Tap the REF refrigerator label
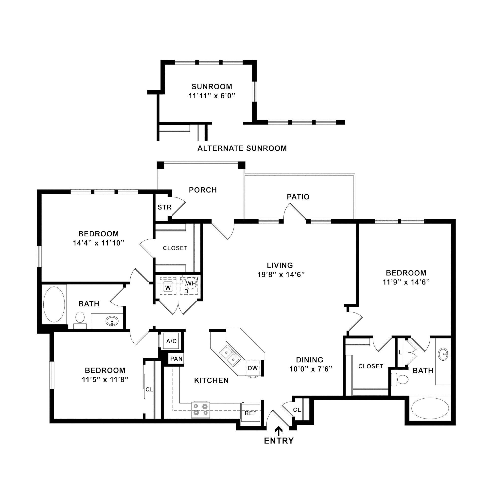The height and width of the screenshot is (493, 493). point(250,413)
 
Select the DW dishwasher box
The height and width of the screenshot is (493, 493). point(253,368)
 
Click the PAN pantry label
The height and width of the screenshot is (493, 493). point(176,359)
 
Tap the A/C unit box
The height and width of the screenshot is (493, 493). point(171,341)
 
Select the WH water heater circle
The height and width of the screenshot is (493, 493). point(191,283)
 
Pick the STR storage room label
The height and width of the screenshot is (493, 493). point(164,207)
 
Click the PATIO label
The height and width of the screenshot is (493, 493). point(298,197)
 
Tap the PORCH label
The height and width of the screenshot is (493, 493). point(203,190)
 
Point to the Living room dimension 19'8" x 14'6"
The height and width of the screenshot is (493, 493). point(281,275)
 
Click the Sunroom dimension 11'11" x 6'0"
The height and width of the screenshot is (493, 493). point(211,96)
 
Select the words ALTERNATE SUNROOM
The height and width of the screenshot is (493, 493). point(242,148)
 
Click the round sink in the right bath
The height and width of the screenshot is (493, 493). point(443,354)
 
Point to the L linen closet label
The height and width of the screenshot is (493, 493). point(400,352)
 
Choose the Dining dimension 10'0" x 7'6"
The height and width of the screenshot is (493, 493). point(311,369)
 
